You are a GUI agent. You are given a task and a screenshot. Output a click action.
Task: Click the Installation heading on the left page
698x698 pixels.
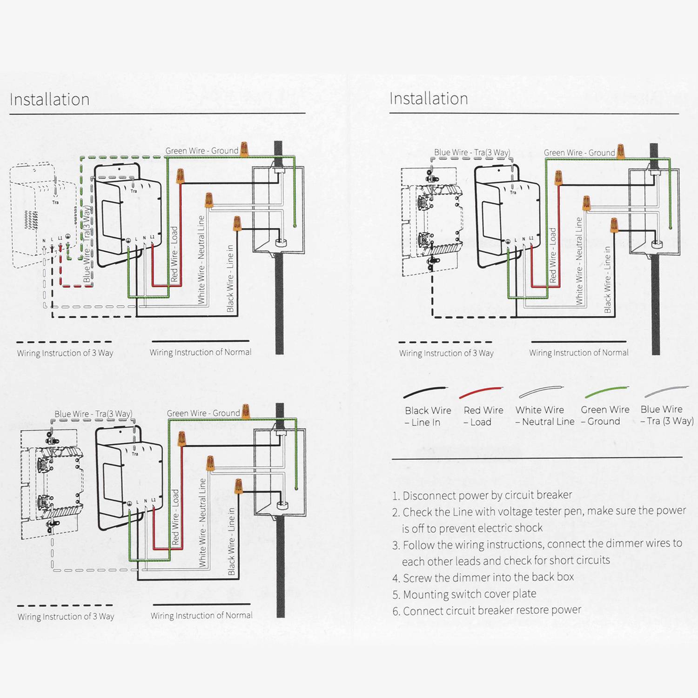click(49, 100)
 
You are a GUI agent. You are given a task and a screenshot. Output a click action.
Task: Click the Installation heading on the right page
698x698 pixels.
click(429, 99)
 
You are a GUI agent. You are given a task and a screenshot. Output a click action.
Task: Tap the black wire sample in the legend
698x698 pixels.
click(425, 392)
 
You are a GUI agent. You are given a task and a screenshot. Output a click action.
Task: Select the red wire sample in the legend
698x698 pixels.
click(481, 392)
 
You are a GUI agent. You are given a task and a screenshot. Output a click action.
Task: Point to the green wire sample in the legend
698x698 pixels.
click(607, 392)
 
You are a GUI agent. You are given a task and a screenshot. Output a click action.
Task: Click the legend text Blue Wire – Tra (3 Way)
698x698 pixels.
click(666, 415)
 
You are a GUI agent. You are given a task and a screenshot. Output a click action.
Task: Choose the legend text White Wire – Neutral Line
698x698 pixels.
click(544, 416)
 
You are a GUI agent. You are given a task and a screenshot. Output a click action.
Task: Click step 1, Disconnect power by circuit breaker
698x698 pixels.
click(482, 495)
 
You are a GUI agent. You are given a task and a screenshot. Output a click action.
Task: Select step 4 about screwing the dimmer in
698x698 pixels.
click(483, 577)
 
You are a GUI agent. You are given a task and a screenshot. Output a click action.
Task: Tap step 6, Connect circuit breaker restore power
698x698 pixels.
click(487, 611)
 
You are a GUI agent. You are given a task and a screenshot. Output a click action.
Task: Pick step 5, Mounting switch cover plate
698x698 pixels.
click(464, 594)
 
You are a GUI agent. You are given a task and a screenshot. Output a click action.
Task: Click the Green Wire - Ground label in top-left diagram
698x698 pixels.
click(201, 151)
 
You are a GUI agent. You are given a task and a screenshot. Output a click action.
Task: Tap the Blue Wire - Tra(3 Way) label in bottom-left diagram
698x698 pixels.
click(93, 414)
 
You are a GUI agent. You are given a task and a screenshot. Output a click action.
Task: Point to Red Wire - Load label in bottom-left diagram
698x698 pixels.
click(175, 517)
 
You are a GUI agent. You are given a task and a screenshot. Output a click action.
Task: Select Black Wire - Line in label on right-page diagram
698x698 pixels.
click(607, 280)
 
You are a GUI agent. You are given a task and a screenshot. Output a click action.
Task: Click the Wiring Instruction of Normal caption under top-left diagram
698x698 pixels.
click(200, 352)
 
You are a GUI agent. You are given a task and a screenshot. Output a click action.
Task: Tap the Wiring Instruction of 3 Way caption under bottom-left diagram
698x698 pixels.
click(66, 617)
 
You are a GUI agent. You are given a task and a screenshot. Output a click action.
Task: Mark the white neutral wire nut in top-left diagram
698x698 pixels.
click(209, 200)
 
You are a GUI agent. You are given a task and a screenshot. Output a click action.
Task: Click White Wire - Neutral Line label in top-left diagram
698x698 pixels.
click(201, 260)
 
